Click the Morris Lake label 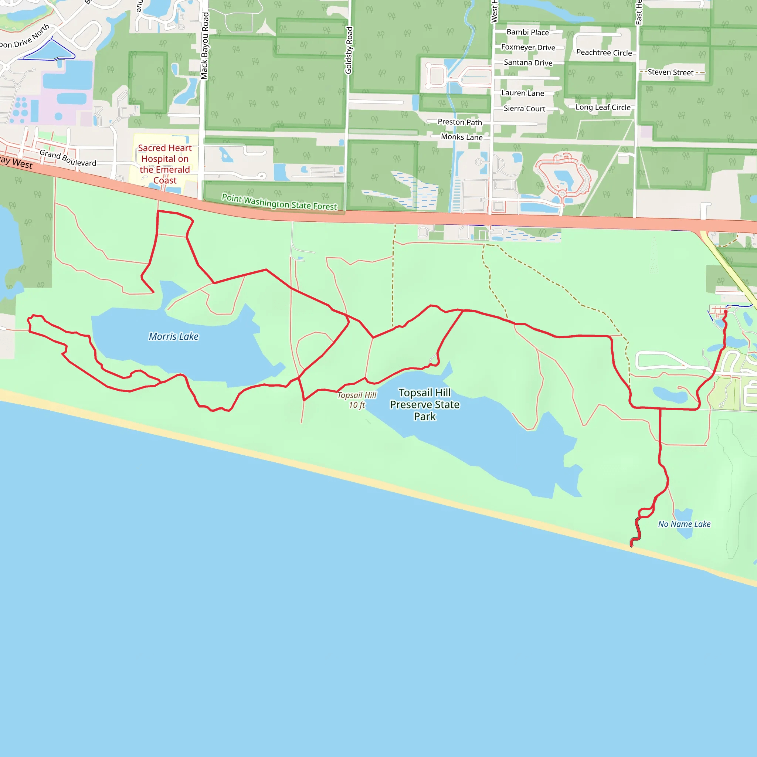click(174, 337)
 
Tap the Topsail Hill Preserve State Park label click(425, 404)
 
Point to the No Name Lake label click(684, 524)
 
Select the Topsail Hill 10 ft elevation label click(357, 400)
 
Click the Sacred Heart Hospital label click(164, 164)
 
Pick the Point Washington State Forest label click(279, 202)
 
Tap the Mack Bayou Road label click(204, 46)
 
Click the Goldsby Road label click(349, 50)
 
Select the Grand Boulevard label click(68, 158)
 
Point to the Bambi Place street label click(527, 33)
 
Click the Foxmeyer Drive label click(528, 47)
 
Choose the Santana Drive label click(528, 63)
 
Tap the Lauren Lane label click(522, 93)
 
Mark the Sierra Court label click(524, 109)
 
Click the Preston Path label click(459, 122)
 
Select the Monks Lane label click(462, 137)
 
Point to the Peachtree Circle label click(604, 53)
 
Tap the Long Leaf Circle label click(602, 107)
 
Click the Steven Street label click(670, 72)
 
